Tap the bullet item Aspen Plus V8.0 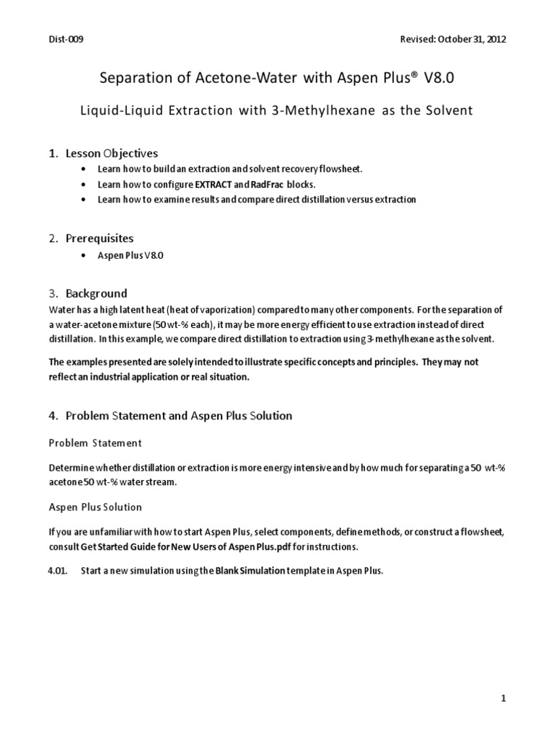click(130, 256)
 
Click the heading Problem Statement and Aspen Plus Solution click(178, 415)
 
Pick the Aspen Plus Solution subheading click(95, 507)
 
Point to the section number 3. click(53, 293)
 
